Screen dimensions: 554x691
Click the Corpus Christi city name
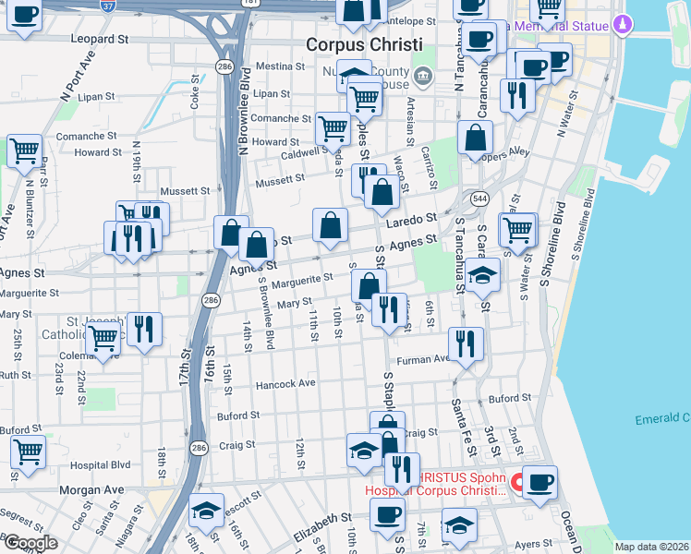click(x=364, y=45)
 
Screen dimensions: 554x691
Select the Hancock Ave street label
click(x=286, y=383)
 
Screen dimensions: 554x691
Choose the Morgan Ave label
click(x=91, y=489)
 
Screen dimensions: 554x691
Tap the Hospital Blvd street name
click(x=109, y=465)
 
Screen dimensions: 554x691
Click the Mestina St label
click(x=280, y=66)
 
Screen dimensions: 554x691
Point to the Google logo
click(x=30, y=543)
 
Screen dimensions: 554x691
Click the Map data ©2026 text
click(x=650, y=547)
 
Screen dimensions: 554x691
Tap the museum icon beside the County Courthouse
click(x=423, y=75)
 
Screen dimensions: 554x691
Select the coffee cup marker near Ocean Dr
click(x=539, y=480)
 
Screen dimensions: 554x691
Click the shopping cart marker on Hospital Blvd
click(x=29, y=452)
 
